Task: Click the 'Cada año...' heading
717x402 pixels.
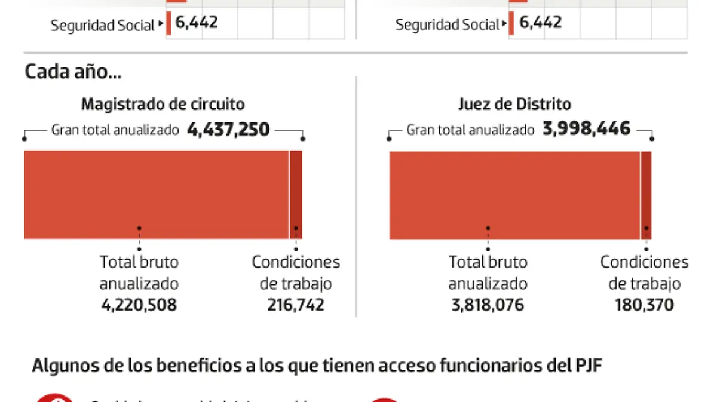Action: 72,72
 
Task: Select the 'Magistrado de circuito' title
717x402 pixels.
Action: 163,104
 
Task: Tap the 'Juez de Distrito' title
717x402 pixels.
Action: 514,104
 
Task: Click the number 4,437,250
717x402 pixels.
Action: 228,129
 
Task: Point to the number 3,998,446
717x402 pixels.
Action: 586,128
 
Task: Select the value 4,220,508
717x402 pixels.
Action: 139,305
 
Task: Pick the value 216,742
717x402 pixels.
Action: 296,305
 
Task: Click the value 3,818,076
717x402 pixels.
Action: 488,305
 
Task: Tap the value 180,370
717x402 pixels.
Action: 644,305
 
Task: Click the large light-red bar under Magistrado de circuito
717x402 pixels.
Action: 157,194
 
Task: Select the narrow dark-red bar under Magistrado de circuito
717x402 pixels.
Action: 296,194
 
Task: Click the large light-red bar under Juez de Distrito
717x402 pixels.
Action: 514,194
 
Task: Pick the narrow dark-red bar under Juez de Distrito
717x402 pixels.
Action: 646,194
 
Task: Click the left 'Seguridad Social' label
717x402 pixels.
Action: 102,26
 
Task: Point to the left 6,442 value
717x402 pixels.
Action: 197,23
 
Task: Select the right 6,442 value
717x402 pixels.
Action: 541,23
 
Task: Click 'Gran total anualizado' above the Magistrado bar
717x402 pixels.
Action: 115,130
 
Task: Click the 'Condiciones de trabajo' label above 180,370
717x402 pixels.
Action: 644,272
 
